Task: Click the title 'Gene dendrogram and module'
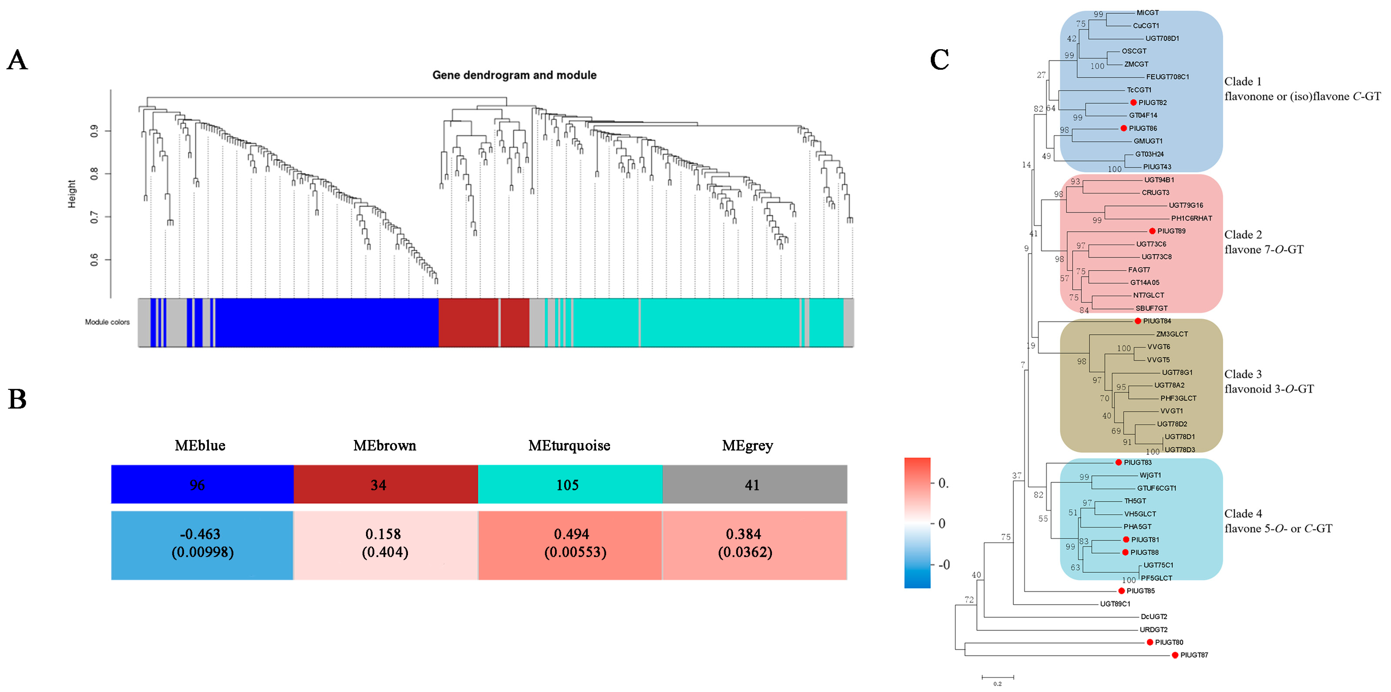[x=514, y=75]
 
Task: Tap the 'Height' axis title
[x=72, y=194]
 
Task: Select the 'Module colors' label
[x=107, y=322]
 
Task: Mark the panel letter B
[x=17, y=399]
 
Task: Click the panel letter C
[x=939, y=60]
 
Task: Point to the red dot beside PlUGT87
[x=1175, y=655]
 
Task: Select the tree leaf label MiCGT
[x=1148, y=13]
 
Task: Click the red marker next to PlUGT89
[x=1152, y=231]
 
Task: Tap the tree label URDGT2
[x=1153, y=629]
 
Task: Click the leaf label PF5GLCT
[x=1156, y=578]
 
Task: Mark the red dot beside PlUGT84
[x=1138, y=321]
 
